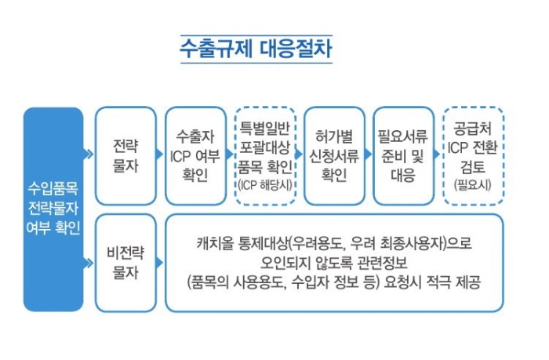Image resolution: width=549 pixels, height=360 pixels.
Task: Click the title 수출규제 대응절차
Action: point(256,49)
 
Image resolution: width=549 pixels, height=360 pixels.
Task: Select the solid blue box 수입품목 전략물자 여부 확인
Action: point(53,209)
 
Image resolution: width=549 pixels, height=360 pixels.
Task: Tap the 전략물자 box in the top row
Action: point(125,156)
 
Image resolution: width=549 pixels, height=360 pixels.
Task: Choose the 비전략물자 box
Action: point(125,263)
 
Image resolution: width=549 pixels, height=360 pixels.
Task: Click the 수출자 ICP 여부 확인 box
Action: point(195,156)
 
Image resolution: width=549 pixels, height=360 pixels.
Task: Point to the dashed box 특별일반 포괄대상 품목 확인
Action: point(265,156)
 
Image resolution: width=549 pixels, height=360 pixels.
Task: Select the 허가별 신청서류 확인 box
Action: point(334,156)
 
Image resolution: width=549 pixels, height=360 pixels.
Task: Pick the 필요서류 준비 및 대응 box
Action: point(404,156)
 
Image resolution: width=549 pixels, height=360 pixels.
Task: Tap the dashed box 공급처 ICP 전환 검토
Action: point(474,156)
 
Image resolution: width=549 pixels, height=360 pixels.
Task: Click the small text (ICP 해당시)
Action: point(265,185)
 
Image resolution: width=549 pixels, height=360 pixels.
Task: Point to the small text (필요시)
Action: point(473,184)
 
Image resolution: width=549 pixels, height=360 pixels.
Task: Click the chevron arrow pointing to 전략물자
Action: point(89,154)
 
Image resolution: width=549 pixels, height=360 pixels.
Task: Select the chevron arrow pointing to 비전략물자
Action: point(89,263)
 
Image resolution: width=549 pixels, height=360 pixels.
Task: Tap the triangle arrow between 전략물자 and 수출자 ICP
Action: point(159,154)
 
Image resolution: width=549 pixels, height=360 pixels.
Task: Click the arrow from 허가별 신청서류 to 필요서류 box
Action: point(368,154)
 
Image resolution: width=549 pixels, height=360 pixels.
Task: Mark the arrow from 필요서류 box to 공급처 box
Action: point(437,154)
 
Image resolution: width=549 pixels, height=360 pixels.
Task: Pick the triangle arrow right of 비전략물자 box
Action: point(159,263)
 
